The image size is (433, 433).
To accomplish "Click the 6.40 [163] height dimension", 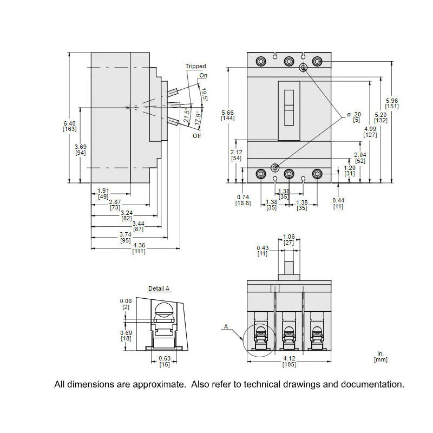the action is [70, 126].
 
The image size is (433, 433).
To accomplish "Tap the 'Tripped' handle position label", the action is [195, 66].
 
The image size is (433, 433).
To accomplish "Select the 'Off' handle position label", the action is [197, 136].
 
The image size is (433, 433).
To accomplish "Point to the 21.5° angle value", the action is [187, 115].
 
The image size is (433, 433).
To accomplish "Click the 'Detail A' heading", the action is [159, 288].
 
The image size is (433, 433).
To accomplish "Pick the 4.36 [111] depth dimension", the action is [139, 248].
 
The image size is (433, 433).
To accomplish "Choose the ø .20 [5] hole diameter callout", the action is [355, 117].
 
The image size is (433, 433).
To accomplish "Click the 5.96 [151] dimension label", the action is [392, 103].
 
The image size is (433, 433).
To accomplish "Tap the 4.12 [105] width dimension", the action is [289, 361].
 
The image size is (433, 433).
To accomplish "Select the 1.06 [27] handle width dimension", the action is [289, 240].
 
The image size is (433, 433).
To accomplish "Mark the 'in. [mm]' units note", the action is [380, 357].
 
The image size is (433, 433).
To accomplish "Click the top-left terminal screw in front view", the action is [261, 61].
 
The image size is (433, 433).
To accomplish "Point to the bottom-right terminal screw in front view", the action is [317, 174].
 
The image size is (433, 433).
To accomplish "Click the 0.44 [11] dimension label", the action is [338, 204].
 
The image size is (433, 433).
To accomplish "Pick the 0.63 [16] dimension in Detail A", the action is [165, 361].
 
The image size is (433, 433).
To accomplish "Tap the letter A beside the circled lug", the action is [226, 326].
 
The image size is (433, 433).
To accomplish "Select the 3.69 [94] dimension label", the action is [81, 150].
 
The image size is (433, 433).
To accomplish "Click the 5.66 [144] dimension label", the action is [228, 115].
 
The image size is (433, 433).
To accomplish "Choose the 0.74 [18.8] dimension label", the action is [243, 200].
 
